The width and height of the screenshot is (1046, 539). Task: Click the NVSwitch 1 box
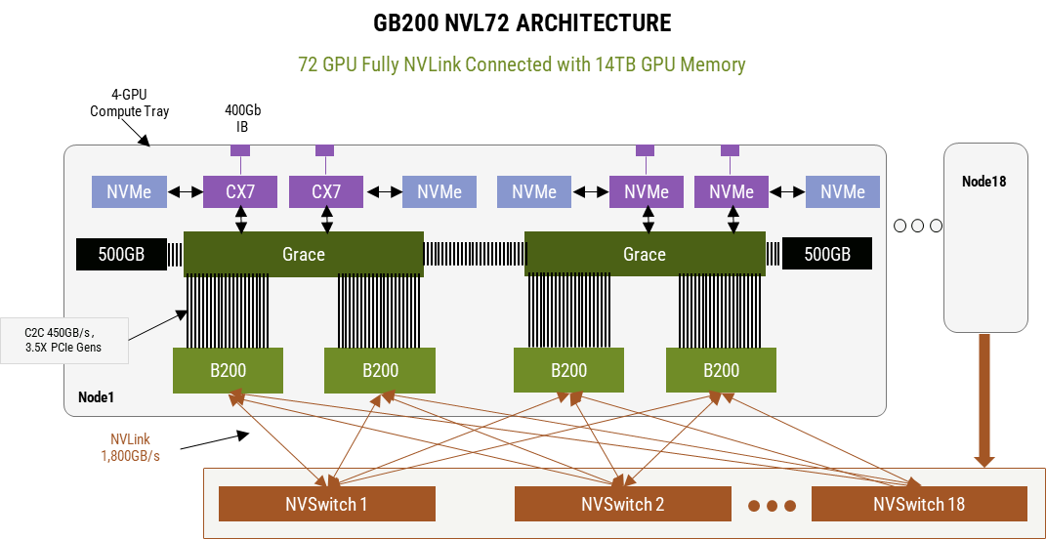(326, 504)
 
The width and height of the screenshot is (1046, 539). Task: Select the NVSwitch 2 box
(622, 504)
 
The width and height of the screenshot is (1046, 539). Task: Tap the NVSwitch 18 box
(919, 504)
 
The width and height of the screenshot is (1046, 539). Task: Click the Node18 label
(983, 182)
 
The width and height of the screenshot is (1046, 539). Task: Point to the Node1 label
(96, 398)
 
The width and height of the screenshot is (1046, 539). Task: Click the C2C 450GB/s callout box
(64, 340)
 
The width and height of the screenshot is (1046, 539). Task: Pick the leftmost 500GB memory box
(121, 255)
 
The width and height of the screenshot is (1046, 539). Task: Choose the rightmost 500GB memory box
(827, 255)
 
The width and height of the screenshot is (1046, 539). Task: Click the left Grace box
(303, 254)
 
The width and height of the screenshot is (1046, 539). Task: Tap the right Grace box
(644, 254)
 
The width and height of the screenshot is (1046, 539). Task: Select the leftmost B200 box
(228, 370)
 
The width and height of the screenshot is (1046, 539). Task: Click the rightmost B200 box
(721, 370)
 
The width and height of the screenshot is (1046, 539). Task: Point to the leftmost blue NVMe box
(129, 192)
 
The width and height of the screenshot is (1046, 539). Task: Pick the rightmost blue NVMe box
(842, 192)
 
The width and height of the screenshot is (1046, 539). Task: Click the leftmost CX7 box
(240, 192)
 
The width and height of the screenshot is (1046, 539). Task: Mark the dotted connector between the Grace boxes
(474, 255)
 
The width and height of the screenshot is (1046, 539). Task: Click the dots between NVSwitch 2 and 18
(772, 506)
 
